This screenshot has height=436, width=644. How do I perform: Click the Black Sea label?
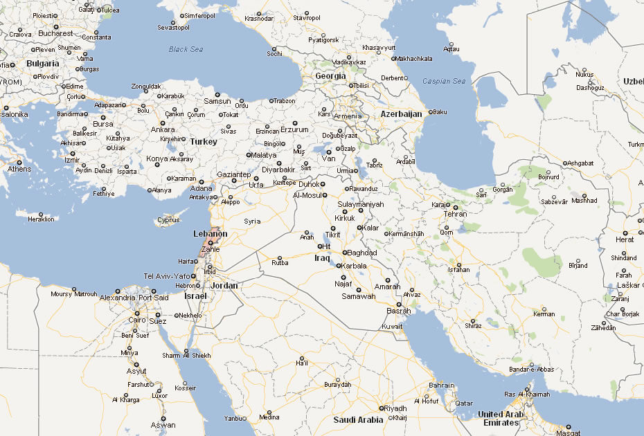pos(186,49)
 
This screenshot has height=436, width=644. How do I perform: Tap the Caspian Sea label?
pos(445,81)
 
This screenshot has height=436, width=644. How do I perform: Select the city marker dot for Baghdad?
pos(344,253)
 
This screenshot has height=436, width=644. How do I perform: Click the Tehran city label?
pos(455,215)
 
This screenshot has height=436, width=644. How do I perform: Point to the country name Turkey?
pos(204,141)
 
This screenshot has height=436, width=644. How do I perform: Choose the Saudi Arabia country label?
pos(358,420)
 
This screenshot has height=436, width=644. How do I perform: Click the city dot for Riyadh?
pos(380,408)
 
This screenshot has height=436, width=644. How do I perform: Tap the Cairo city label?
pos(137,320)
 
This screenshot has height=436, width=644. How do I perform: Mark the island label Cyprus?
pos(168,221)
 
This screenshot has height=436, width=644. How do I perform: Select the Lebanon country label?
pos(211,234)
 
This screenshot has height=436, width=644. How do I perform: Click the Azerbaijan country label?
pos(401,113)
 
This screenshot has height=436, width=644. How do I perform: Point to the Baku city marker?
pos(430,112)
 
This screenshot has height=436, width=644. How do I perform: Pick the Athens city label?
pos(19,169)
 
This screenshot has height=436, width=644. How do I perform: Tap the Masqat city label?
pos(569,433)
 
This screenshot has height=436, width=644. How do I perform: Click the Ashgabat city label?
pos(580,163)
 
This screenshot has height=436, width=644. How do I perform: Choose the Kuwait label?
pos(392,326)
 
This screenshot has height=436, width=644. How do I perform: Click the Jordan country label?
pos(224,285)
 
